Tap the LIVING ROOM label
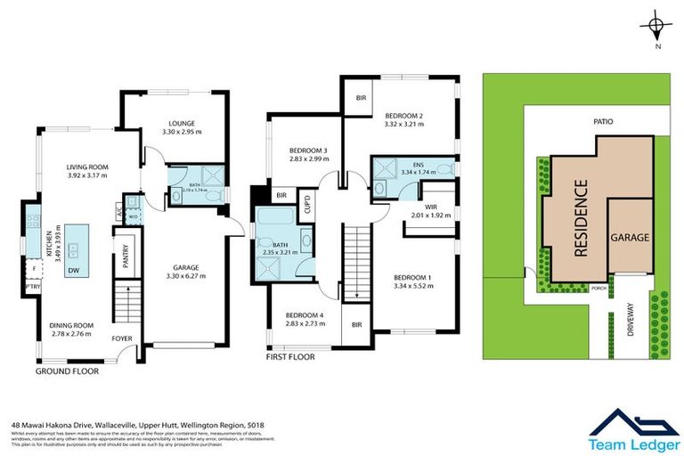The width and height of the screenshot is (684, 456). [x=86, y=166]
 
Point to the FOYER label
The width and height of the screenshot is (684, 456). [x=120, y=338]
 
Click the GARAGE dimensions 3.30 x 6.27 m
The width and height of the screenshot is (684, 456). [x=184, y=276]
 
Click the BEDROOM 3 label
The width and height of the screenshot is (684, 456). [x=308, y=151]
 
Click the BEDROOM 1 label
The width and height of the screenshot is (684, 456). [x=412, y=278]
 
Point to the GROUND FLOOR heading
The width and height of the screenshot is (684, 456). [x=67, y=370]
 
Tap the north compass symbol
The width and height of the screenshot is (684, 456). [x=655, y=25]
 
